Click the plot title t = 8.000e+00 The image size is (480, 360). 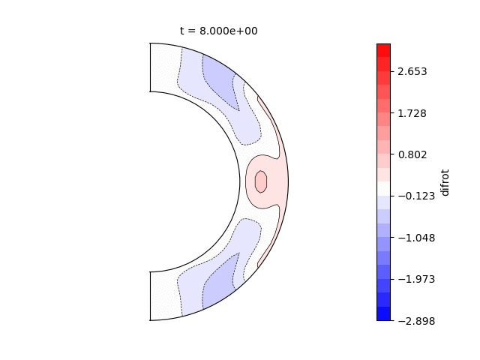point(218,31)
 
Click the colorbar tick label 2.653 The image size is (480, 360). point(412,72)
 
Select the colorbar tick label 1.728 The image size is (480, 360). point(412,113)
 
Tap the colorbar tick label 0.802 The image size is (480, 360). point(412,155)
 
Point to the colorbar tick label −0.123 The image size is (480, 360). point(416,196)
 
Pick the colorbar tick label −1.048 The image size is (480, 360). point(416,238)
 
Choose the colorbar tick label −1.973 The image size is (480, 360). point(416,279)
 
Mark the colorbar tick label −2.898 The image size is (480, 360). point(416,321)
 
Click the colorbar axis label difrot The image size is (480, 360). point(445,182)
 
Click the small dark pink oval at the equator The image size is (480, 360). point(261,181)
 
